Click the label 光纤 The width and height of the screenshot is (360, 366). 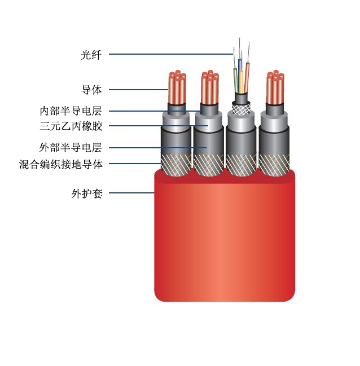[x=91, y=55]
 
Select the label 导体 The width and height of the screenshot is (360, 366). [x=91, y=90]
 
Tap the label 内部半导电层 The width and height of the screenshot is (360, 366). [x=71, y=111]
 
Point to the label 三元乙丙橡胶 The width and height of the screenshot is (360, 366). [x=71, y=126]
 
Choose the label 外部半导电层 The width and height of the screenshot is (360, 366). [x=71, y=148]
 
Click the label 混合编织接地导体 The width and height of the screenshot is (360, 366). [x=61, y=164]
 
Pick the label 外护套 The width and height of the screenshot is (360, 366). [x=87, y=193]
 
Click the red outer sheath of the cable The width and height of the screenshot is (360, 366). [x=225, y=236]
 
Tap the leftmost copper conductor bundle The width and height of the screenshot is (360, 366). [x=177, y=87]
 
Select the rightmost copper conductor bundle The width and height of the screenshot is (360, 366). [x=275, y=87]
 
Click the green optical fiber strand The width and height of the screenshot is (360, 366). [x=236, y=80]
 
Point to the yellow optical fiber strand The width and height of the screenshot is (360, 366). [x=242, y=81]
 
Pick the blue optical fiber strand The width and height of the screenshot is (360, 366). [x=239, y=70]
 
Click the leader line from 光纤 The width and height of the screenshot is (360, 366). [x=171, y=54]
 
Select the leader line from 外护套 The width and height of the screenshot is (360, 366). [x=131, y=193]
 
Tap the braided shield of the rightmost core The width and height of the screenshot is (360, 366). [x=274, y=165]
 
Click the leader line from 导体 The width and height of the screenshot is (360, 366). [x=139, y=90]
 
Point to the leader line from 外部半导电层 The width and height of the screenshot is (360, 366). [x=157, y=148]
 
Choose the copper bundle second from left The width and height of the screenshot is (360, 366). [x=210, y=87]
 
